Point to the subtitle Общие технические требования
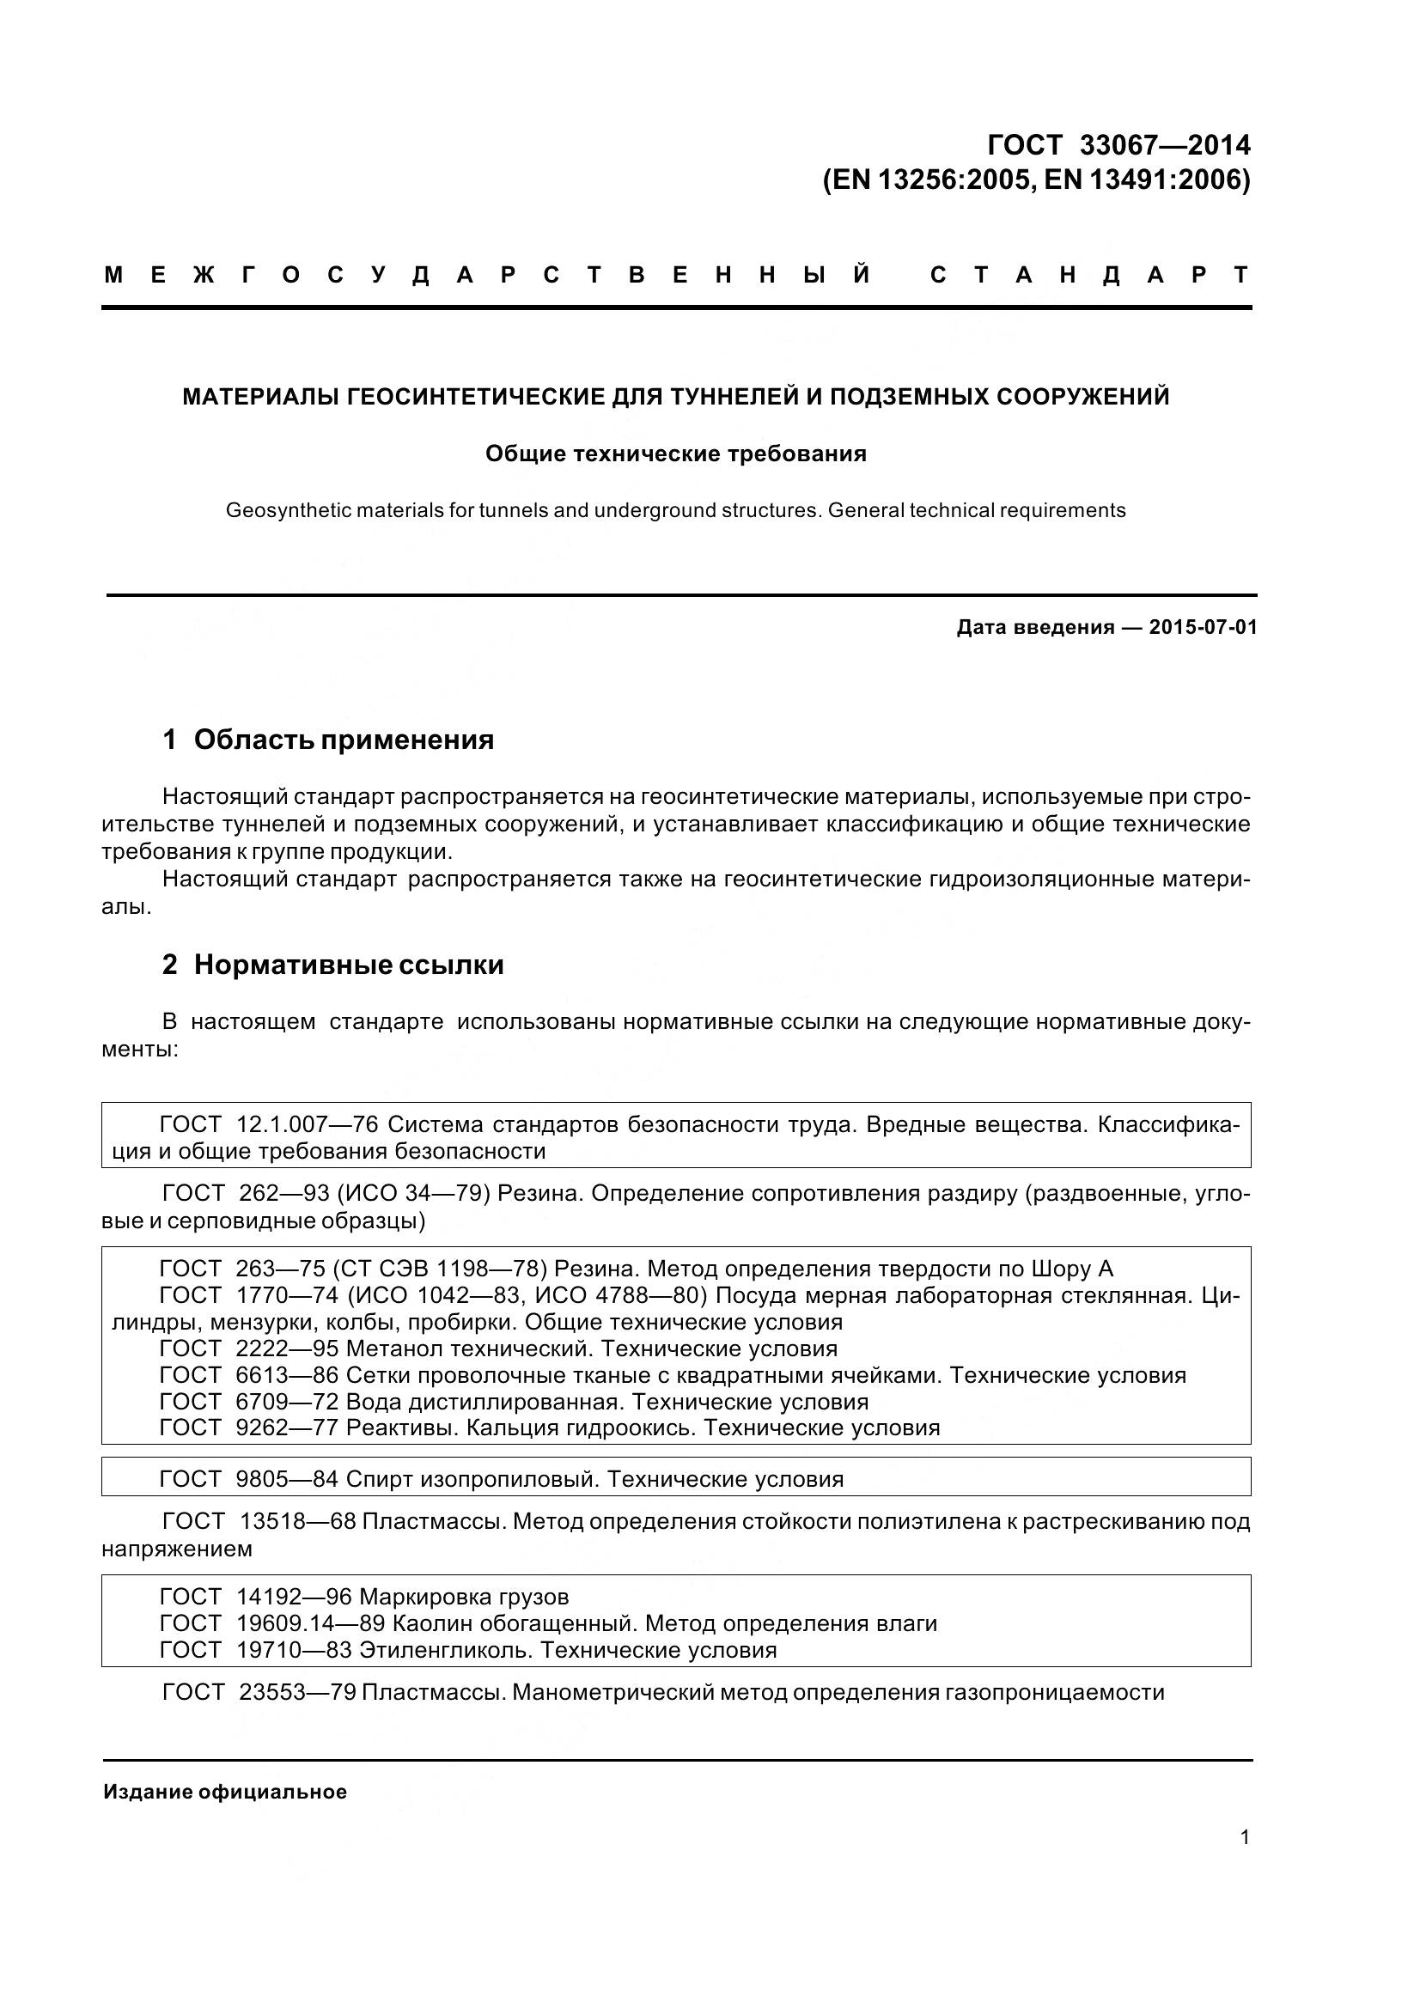[x=675, y=454]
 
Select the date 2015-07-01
[x=1203, y=627]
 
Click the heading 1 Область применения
[x=328, y=740]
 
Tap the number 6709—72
[x=287, y=1402]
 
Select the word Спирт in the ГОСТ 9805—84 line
[x=380, y=1480]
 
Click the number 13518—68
[x=297, y=1522]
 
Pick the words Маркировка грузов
[x=464, y=1597]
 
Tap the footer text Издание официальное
[x=225, y=1792]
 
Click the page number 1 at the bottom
[x=1245, y=1837]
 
